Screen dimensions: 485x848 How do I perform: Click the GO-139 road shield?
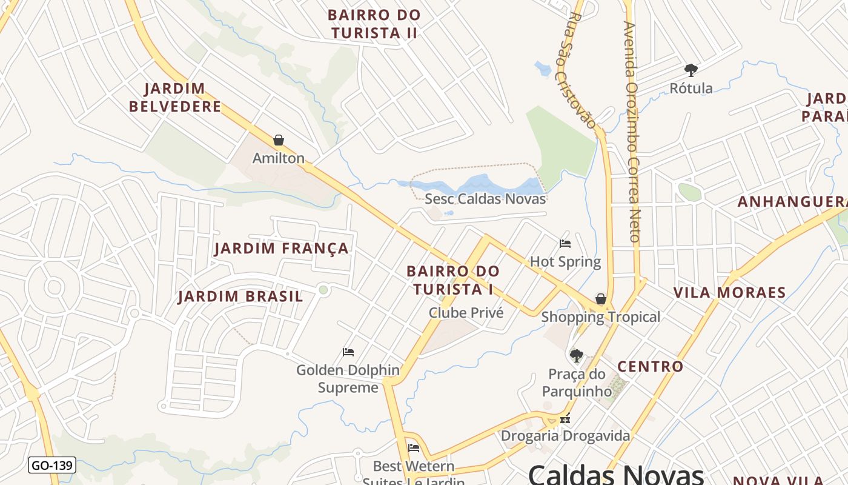(52, 466)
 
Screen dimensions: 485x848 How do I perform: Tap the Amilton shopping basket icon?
(279, 141)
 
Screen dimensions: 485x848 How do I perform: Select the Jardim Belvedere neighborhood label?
(175, 98)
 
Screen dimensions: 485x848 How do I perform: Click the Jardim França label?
(282, 249)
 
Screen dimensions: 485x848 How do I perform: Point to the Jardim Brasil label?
(240, 296)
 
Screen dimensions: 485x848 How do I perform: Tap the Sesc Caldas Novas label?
(485, 199)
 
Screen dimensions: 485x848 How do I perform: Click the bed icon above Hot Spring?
(565, 244)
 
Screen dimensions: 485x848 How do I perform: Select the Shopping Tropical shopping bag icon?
(600, 299)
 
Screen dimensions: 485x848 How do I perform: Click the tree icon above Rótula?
(691, 70)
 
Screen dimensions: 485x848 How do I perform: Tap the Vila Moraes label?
(729, 293)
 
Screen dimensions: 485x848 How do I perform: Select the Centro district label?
(650, 366)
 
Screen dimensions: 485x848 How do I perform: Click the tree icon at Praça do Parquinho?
(576, 355)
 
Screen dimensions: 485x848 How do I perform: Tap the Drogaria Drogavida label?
(565, 436)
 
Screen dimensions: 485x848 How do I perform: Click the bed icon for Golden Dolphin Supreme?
(348, 352)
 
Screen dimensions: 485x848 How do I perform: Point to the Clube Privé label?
(466, 313)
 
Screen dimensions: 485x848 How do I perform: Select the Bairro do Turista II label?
(374, 24)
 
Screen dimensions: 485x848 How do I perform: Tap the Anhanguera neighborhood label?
(791, 202)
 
